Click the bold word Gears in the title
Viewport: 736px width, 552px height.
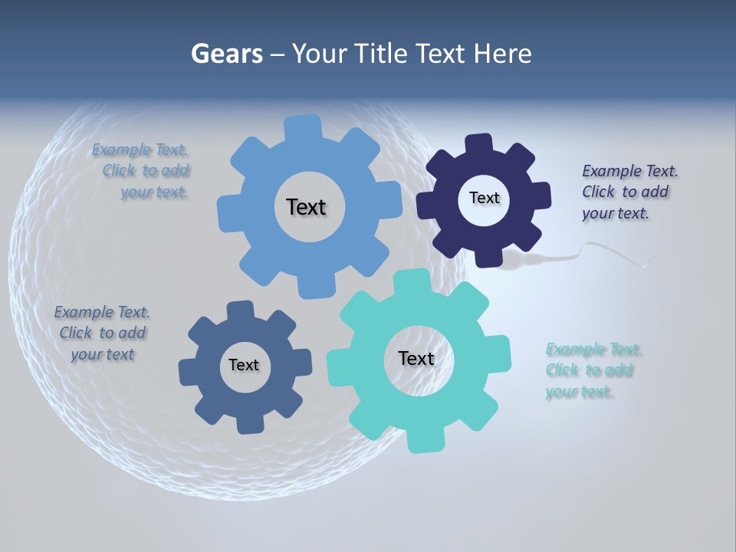tap(226, 54)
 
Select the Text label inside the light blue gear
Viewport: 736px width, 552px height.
tap(306, 207)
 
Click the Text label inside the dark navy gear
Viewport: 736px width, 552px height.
tap(484, 198)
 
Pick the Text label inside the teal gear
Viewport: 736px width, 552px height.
tap(416, 359)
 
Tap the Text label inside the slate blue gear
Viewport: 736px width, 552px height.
tap(244, 366)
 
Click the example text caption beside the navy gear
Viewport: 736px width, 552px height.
tap(629, 192)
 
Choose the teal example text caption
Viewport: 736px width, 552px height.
tap(592, 370)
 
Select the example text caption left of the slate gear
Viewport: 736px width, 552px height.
tap(102, 333)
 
